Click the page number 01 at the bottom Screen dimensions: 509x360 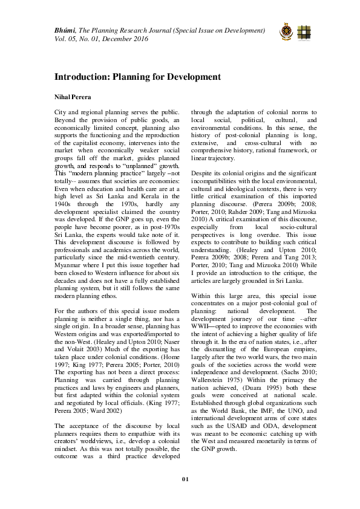186,479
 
